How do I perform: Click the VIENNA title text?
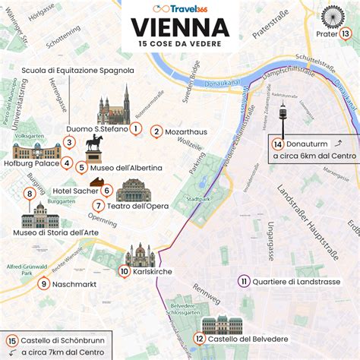pyautogui.click(x=181, y=27)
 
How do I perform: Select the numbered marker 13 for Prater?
pyautogui.click(x=346, y=33)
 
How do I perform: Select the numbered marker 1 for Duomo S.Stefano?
pyautogui.click(x=134, y=128)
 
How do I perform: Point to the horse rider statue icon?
pyautogui.click(x=93, y=149)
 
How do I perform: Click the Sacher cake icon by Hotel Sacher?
pyautogui.click(x=97, y=182)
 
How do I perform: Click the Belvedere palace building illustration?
pyautogui.click(x=222, y=325)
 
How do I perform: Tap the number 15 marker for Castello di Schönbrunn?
pyautogui.click(x=11, y=341)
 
